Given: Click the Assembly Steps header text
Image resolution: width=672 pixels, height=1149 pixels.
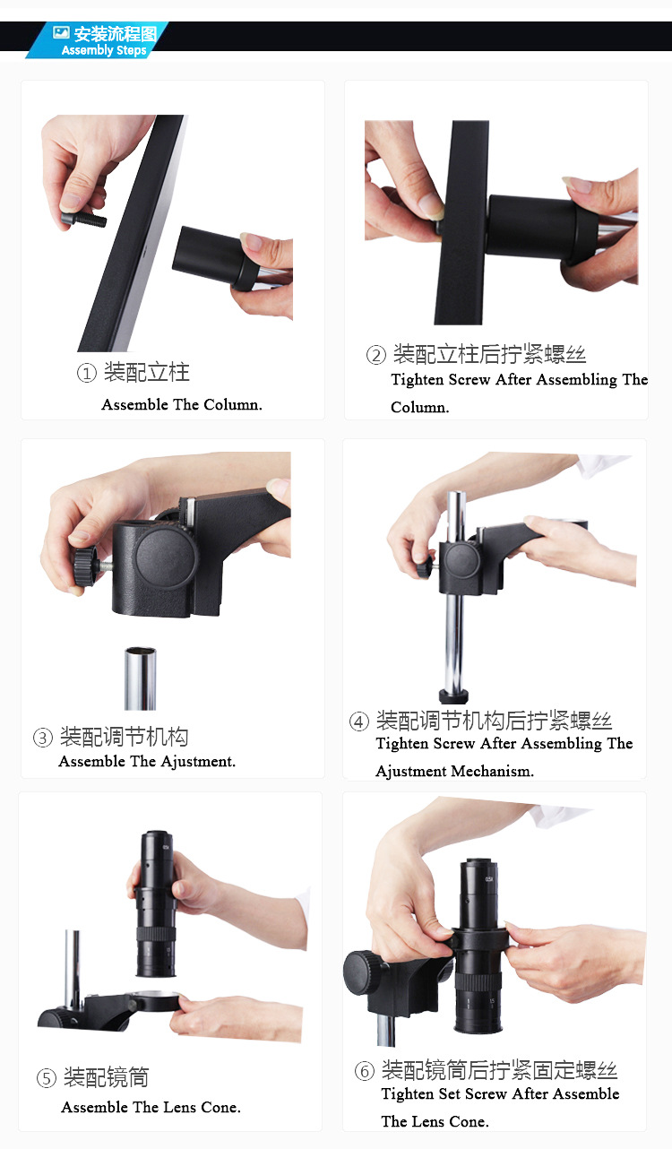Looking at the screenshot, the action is tap(104, 50).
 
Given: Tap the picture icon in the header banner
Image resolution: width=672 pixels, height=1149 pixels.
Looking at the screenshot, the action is tap(61, 33).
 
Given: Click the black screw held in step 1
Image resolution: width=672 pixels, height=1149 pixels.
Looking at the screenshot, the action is tap(84, 220).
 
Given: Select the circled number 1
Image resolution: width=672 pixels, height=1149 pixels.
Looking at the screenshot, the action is tap(87, 373).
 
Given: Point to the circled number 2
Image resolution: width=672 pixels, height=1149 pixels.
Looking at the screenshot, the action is tap(376, 355).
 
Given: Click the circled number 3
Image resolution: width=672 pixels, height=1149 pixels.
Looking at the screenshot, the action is tap(43, 739).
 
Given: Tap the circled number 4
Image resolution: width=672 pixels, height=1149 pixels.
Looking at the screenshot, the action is tap(359, 721).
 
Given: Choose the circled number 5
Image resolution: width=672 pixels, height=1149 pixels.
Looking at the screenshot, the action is tap(47, 1077).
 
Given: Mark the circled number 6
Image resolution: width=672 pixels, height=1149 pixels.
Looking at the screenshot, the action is tap(365, 1071).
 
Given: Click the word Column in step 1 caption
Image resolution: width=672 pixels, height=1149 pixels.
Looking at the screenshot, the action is tap(232, 405).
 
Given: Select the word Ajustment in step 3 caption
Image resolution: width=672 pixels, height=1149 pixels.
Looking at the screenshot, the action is tap(198, 761).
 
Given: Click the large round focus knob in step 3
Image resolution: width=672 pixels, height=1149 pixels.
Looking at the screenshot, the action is tap(166, 557).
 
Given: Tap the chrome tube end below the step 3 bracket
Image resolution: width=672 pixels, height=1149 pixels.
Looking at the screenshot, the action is tap(140, 678).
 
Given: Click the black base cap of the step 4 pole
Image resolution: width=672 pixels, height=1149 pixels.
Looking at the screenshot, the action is tap(453, 696).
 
